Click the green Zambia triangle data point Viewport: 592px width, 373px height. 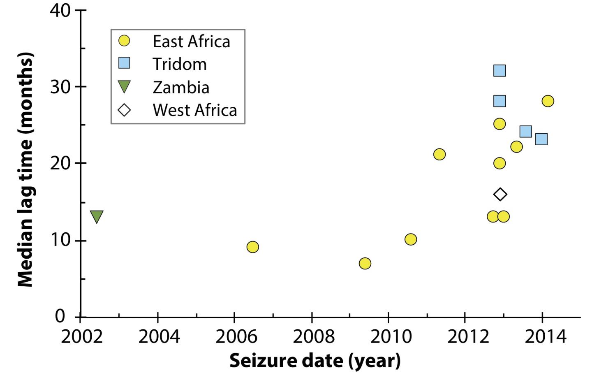click(97, 216)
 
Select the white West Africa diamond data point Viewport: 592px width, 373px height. click(500, 194)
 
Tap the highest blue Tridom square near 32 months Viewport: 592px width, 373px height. click(499, 71)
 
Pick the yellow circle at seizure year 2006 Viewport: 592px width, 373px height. click(253, 247)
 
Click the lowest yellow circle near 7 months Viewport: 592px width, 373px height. click(365, 263)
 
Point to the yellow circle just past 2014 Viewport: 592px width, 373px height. click(548, 101)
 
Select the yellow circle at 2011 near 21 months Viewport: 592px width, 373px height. click(439, 154)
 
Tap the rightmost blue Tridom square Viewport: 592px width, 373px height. click(541, 139)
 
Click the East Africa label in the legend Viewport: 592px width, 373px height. click(191, 42)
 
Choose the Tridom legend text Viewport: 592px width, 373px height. click(180, 64)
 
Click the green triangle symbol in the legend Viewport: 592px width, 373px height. click(124, 87)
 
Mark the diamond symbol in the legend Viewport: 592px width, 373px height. click(124, 110)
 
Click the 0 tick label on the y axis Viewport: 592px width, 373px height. click(60, 317)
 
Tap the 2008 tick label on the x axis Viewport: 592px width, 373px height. click(312, 337)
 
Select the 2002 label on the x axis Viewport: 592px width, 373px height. click(81, 337)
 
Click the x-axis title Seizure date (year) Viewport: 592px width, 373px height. click(314, 361)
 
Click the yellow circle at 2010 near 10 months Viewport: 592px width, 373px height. click(411, 239)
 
